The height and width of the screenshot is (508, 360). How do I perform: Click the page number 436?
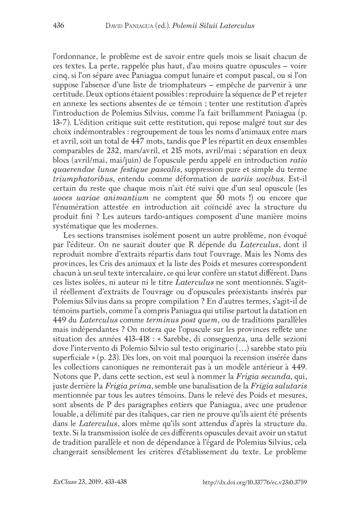pyautogui.click(x=59, y=26)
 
